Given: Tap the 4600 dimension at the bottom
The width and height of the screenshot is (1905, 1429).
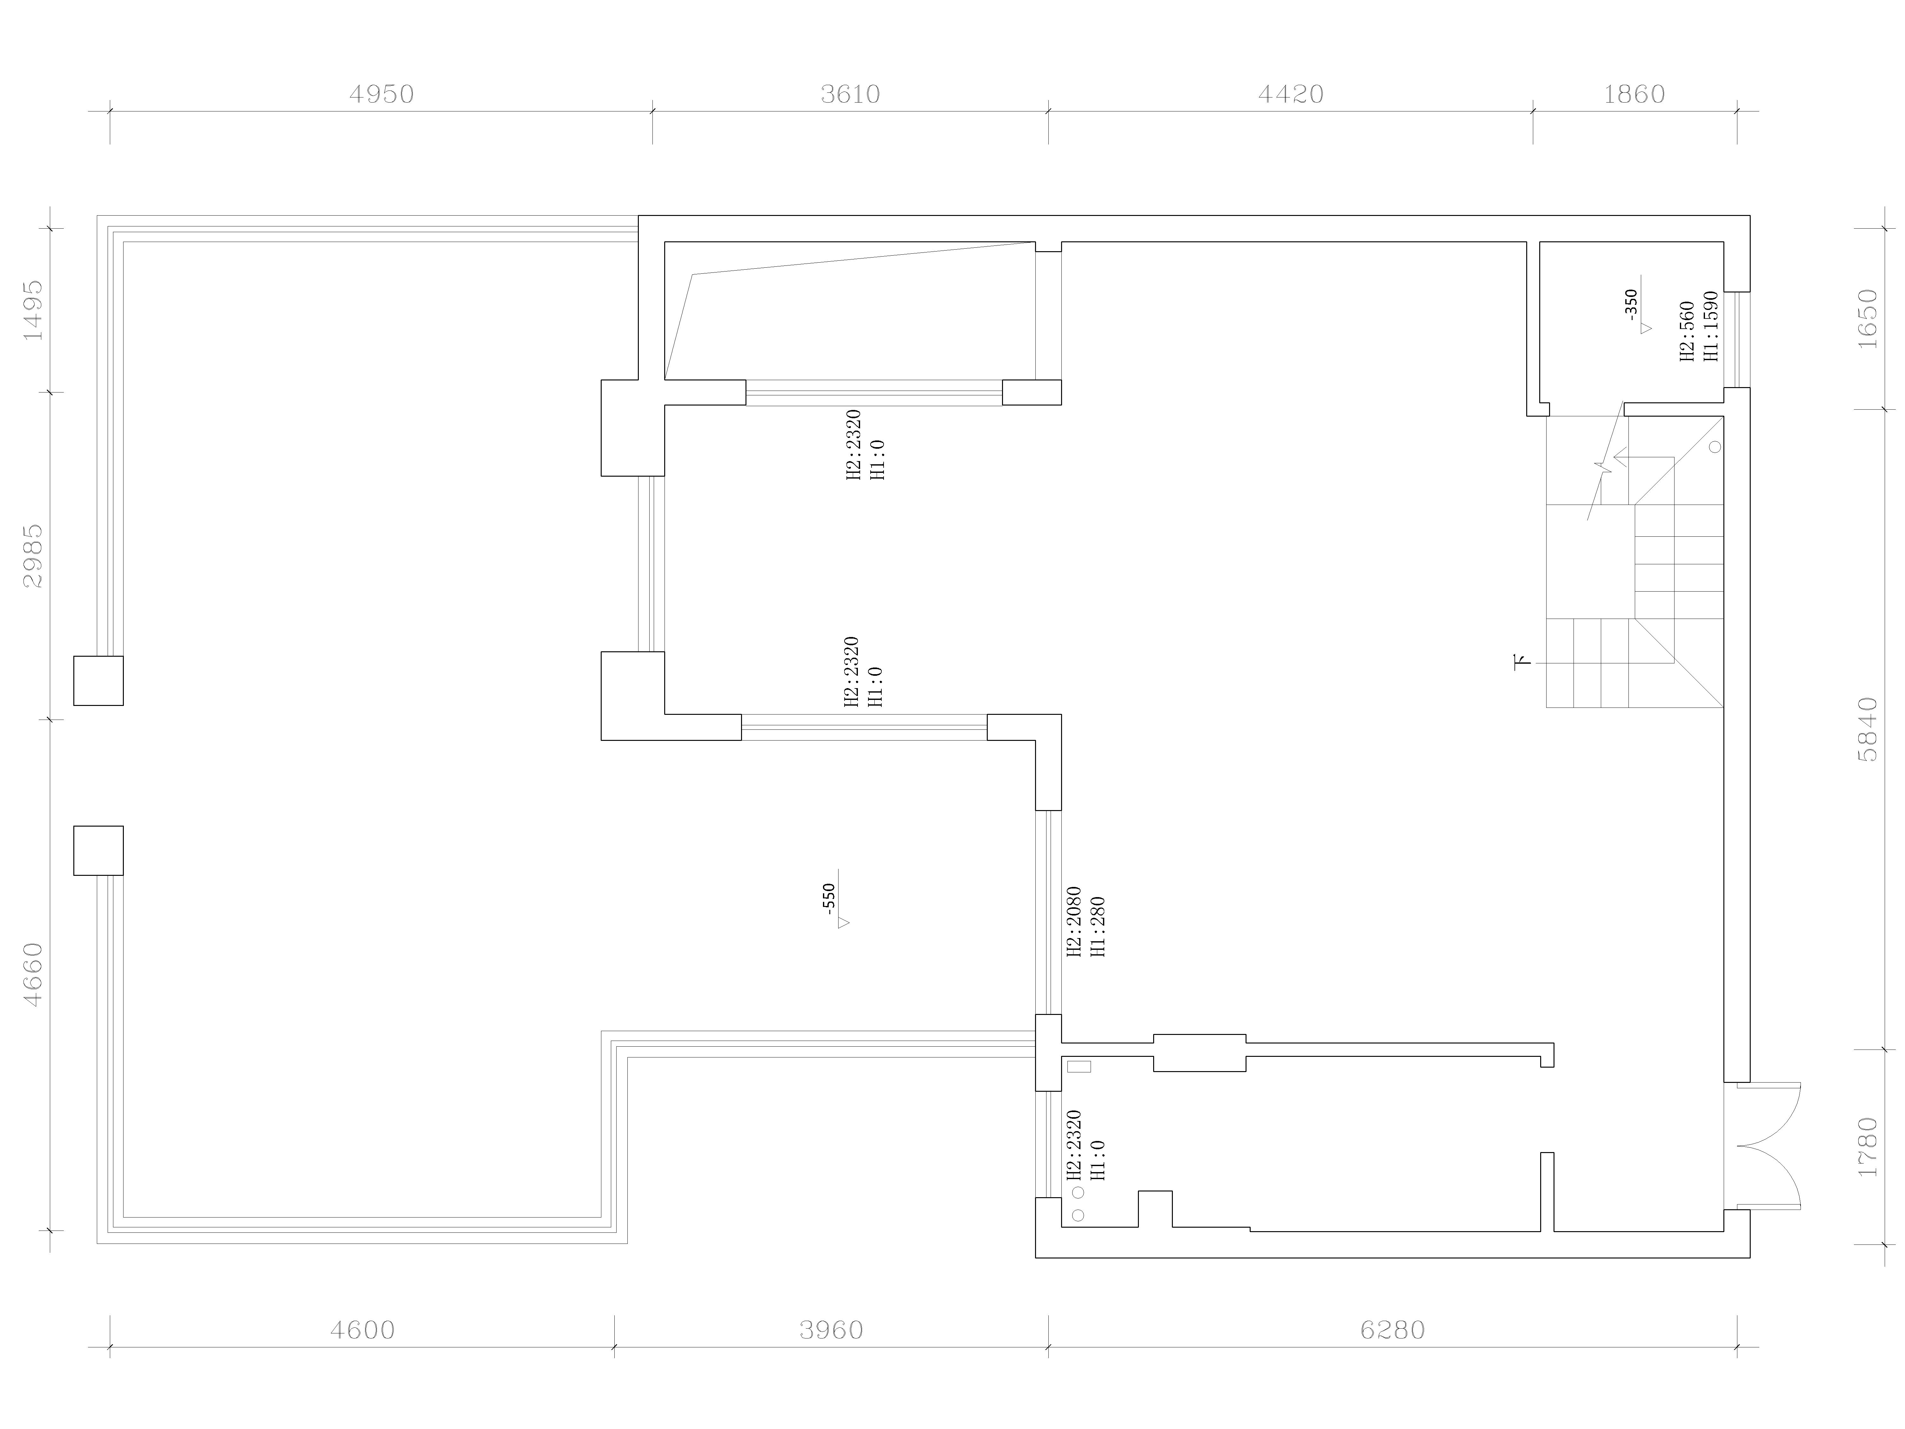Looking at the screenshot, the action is (363, 1331).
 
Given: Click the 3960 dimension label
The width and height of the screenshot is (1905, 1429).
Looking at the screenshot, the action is (831, 1331).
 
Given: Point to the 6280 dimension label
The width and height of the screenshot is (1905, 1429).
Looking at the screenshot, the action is (1393, 1331).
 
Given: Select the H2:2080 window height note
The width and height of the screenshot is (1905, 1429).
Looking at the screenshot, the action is (1074, 922).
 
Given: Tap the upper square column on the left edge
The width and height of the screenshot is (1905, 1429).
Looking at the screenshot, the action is (98, 681).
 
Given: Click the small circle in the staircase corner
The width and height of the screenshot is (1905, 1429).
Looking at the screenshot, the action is (1715, 447).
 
